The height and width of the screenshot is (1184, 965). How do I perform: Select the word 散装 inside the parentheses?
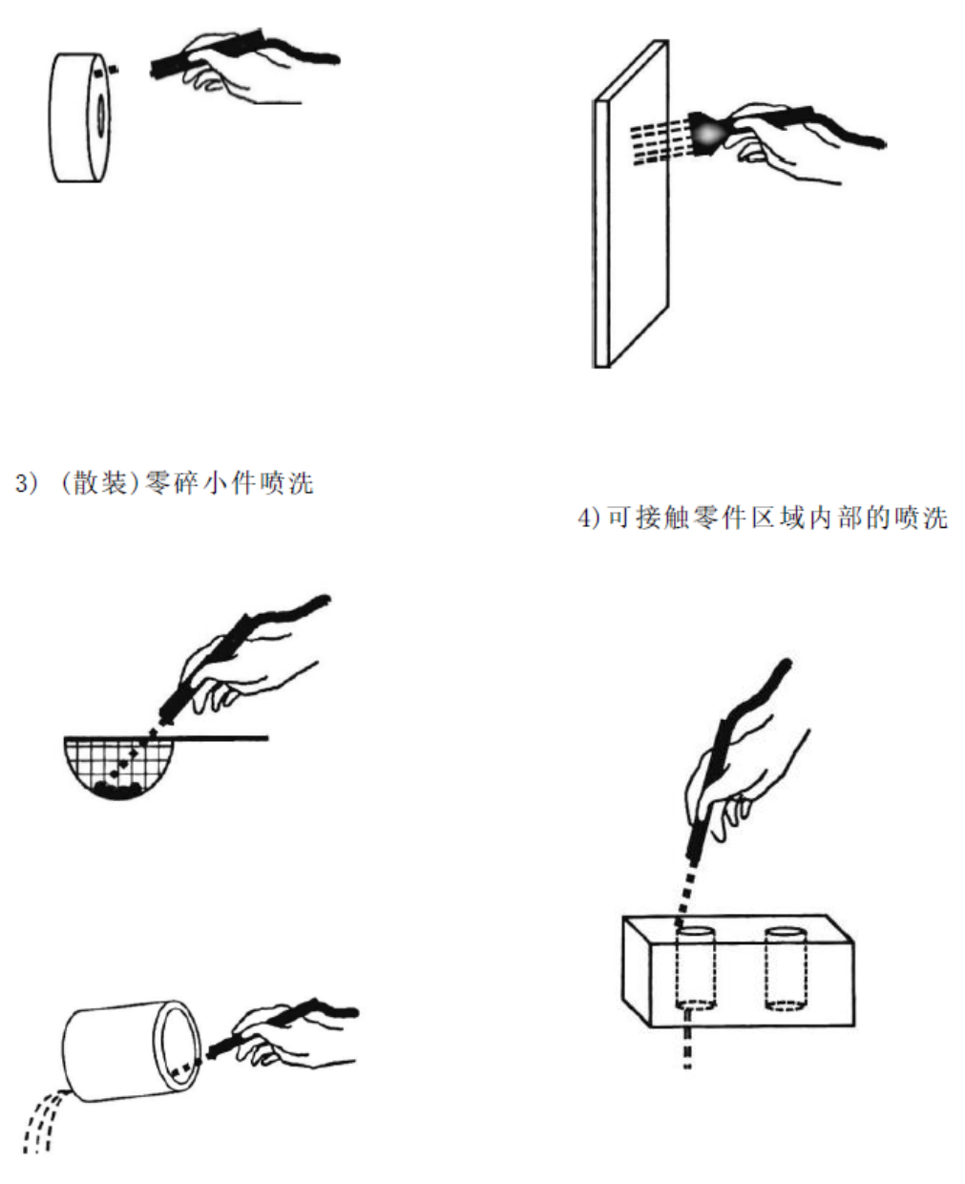coord(100,483)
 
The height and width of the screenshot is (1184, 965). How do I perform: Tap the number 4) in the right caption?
coord(590,518)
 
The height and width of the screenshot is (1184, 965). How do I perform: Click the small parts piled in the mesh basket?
coord(118,788)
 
